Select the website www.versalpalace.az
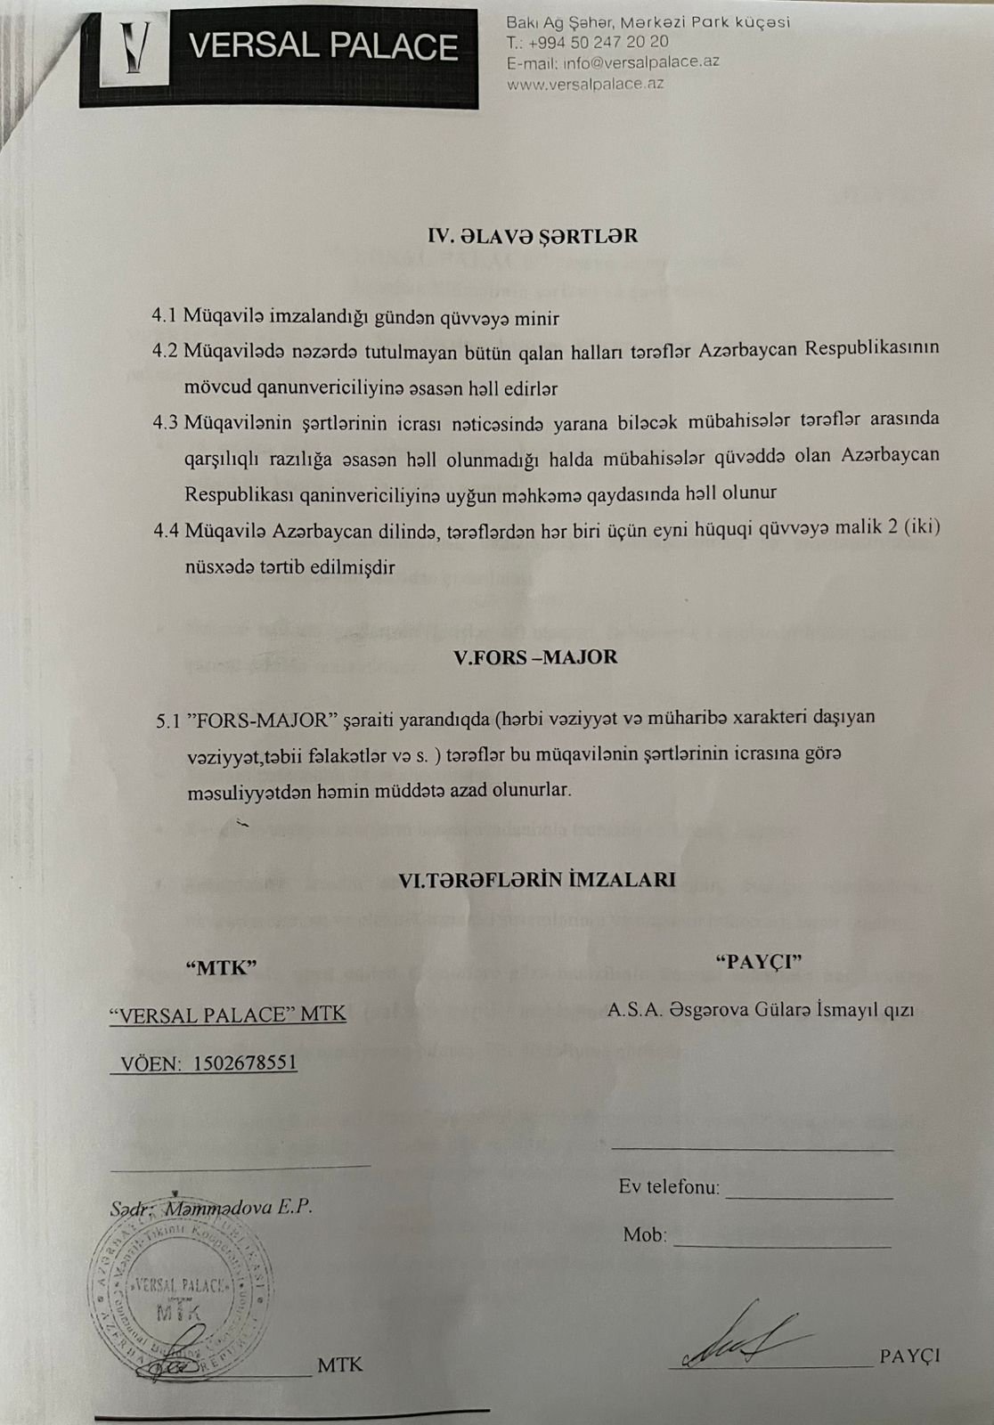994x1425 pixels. pos(585,84)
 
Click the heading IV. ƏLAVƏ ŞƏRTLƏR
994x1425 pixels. pos(533,236)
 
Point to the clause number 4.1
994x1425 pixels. pos(166,315)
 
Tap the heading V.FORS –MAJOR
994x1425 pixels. pos(535,657)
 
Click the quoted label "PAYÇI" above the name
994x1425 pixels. pos(759,963)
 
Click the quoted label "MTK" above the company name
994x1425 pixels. pos(221,968)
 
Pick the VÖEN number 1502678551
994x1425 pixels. pos(245,1063)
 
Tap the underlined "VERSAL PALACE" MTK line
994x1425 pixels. pos(227,1014)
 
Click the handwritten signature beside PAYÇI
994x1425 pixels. pos(746,1340)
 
